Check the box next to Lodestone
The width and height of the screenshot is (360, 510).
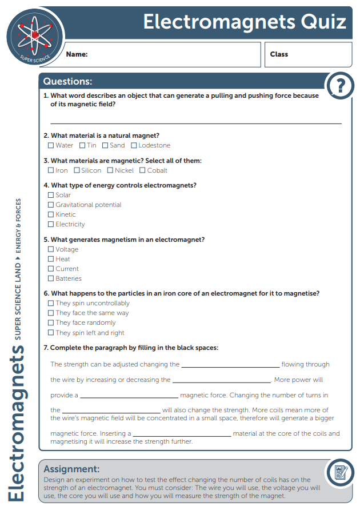click(x=134, y=146)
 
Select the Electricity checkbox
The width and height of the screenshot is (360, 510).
click(x=51, y=225)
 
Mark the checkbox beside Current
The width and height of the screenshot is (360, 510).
click(x=51, y=269)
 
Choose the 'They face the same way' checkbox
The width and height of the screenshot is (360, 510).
click(x=51, y=313)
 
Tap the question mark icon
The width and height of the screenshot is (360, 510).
click(x=341, y=86)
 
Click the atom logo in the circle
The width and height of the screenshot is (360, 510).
click(x=34, y=35)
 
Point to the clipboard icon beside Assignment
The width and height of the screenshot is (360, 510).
click(x=341, y=473)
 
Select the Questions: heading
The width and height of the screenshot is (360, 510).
click(x=67, y=82)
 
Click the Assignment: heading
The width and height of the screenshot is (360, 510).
click(x=71, y=469)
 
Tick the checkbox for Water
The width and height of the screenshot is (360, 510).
click(x=51, y=146)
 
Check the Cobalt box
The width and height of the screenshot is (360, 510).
click(x=142, y=170)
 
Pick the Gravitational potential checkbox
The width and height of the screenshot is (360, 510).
click(x=51, y=205)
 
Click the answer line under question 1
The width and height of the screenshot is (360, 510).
click(x=195, y=122)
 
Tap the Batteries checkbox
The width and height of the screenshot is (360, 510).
click(x=51, y=279)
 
